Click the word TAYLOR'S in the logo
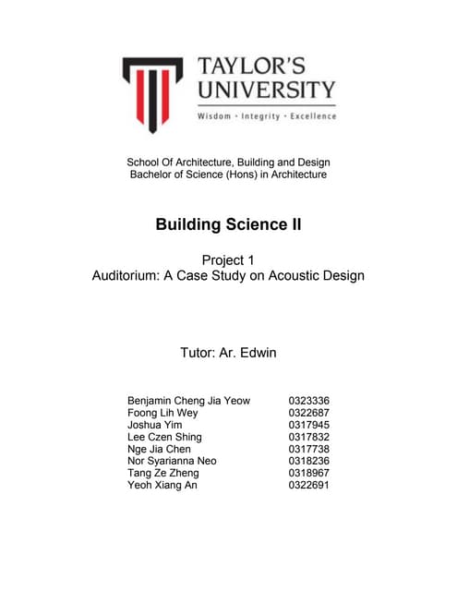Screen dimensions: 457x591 coord(265,67)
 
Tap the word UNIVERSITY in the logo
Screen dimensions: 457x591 coord(265,90)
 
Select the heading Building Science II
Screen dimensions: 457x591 coord(228,224)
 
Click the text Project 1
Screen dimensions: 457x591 coord(228,259)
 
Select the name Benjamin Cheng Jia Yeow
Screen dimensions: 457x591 coord(188,401)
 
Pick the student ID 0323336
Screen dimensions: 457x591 coord(309,401)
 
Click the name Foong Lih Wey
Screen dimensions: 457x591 coord(162,413)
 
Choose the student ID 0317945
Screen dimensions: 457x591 coord(309,425)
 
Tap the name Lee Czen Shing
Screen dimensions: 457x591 coord(164,437)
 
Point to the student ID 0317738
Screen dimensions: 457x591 coord(309,449)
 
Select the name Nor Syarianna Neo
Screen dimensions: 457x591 coord(174,461)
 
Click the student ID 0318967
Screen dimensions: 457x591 coord(309,473)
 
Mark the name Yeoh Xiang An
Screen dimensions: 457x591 coord(162,485)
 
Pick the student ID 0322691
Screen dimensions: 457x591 coord(309,485)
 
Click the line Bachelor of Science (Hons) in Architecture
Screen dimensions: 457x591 coord(228,175)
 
